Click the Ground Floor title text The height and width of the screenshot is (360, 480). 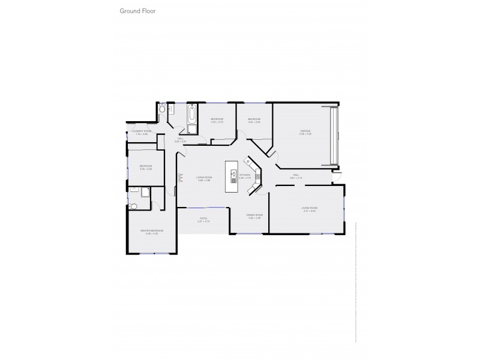[x=138, y=11]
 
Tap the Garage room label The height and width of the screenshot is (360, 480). [x=305, y=132]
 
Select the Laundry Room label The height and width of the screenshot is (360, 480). [x=142, y=132]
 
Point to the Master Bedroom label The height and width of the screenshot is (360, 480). [x=151, y=232]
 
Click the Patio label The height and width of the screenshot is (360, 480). [x=203, y=220]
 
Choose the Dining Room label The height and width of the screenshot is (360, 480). [x=254, y=216]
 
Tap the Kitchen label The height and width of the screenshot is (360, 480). [x=245, y=176]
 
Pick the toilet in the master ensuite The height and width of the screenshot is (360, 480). [x=133, y=206]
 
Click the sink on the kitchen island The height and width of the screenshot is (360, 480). [x=233, y=174]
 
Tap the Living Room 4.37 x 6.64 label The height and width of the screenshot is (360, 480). [x=310, y=209]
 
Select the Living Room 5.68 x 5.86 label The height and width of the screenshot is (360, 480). [x=203, y=178]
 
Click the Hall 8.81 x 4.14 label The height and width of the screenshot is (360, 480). [x=295, y=177]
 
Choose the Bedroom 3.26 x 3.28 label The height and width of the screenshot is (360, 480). [x=146, y=167]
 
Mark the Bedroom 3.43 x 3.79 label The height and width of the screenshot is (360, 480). [x=217, y=121]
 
